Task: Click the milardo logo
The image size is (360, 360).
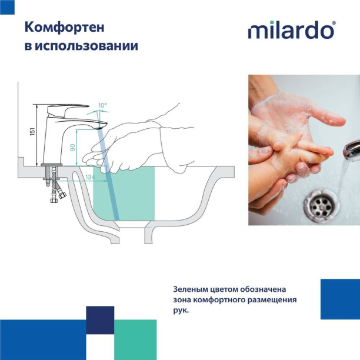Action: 291,31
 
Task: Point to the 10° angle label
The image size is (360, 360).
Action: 102,106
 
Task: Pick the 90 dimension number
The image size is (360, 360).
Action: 73,148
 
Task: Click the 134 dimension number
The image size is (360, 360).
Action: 89,176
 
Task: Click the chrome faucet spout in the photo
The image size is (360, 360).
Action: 351,149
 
